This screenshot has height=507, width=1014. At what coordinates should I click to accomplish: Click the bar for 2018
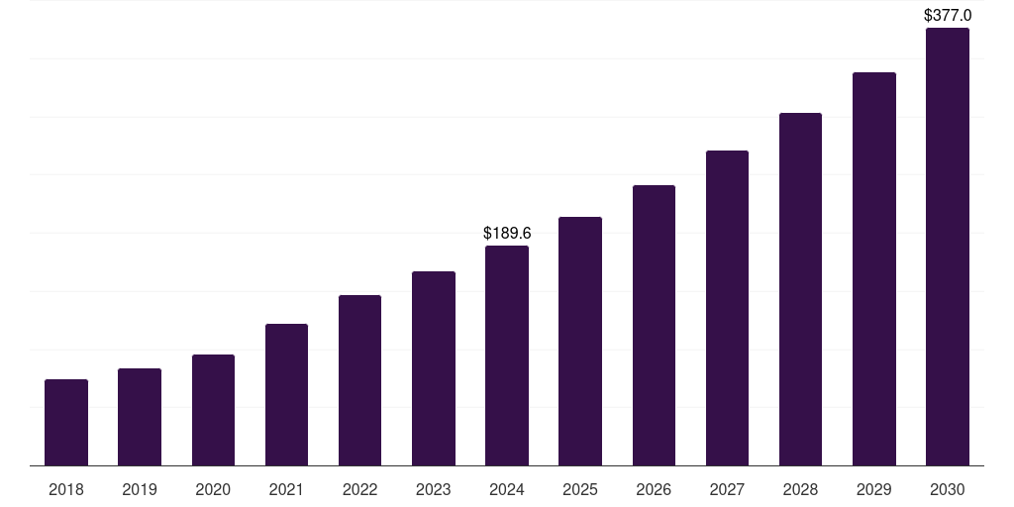point(66,423)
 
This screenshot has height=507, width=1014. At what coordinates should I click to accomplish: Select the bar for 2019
point(140,417)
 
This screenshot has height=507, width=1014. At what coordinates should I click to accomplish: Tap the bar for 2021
point(286,395)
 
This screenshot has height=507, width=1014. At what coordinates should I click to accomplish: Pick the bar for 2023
point(434,368)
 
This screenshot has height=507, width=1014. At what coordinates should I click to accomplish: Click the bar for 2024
point(507,355)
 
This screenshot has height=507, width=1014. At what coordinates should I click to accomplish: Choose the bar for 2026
point(654,326)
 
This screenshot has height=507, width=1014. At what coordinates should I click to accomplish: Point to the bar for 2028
point(800,289)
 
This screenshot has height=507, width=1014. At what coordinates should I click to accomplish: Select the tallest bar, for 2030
point(948,247)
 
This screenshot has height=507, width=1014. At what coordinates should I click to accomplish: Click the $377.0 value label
point(948,15)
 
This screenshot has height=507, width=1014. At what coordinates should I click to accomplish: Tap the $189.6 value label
point(507,233)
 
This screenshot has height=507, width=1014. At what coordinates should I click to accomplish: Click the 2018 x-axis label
point(66,489)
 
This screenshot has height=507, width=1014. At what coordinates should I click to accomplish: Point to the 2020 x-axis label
point(213,489)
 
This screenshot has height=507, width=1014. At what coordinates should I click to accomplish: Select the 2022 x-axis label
point(359,489)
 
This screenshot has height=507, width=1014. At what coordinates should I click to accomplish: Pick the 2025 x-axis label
point(580,489)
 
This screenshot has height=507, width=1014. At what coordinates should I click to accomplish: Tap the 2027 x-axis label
point(727,489)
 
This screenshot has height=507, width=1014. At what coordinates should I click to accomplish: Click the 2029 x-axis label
point(873,489)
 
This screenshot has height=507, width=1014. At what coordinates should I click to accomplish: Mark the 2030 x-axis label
point(948,489)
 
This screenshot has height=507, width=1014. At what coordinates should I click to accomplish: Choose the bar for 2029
point(873,269)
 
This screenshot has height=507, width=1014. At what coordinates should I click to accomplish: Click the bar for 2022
point(359,380)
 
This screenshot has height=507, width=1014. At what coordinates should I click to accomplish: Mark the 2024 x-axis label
point(507,489)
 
